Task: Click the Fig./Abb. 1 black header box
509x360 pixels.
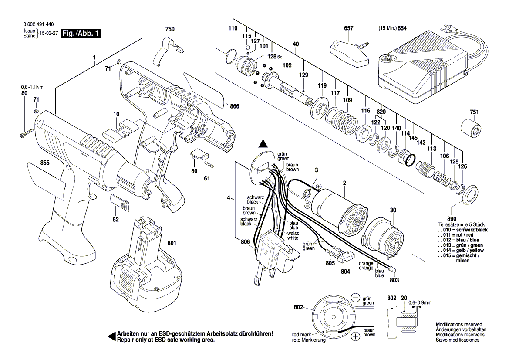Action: click(x=81, y=34)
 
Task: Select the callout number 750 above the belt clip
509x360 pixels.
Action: click(x=170, y=29)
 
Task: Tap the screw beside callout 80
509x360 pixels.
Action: click(x=26, y=133)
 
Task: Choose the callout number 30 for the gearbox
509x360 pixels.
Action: click(x=393, y=211)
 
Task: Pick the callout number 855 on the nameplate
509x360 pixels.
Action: click(x=45, y=163)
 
